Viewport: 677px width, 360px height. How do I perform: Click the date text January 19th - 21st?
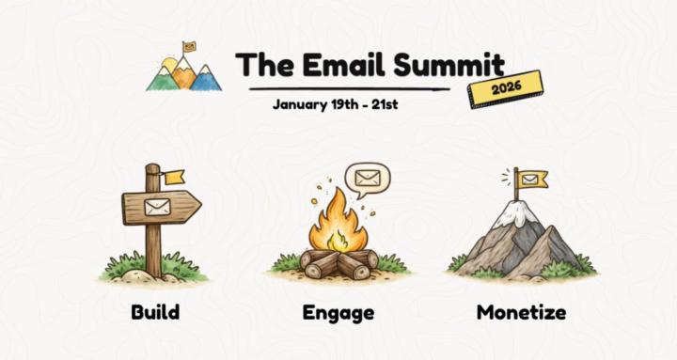(335, 103)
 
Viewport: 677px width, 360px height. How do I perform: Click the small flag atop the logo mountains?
(190, 45)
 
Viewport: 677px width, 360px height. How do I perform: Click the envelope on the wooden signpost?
(156, 207)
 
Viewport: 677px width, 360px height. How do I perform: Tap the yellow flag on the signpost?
(173, 177)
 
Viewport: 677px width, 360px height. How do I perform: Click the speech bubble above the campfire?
(366, 178)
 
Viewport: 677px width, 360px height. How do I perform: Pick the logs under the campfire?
(338, 262)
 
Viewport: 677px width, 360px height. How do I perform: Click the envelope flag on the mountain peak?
(532, 179)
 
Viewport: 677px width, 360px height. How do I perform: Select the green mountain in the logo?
(164, 78)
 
